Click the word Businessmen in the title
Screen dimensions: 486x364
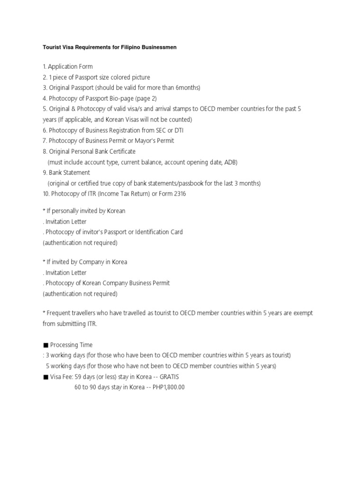(158, 47)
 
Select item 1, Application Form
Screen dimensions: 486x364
(68, 66)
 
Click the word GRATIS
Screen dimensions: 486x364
(169, 377)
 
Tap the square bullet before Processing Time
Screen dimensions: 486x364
(45, 345)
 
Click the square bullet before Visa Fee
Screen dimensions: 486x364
(45, 377)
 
